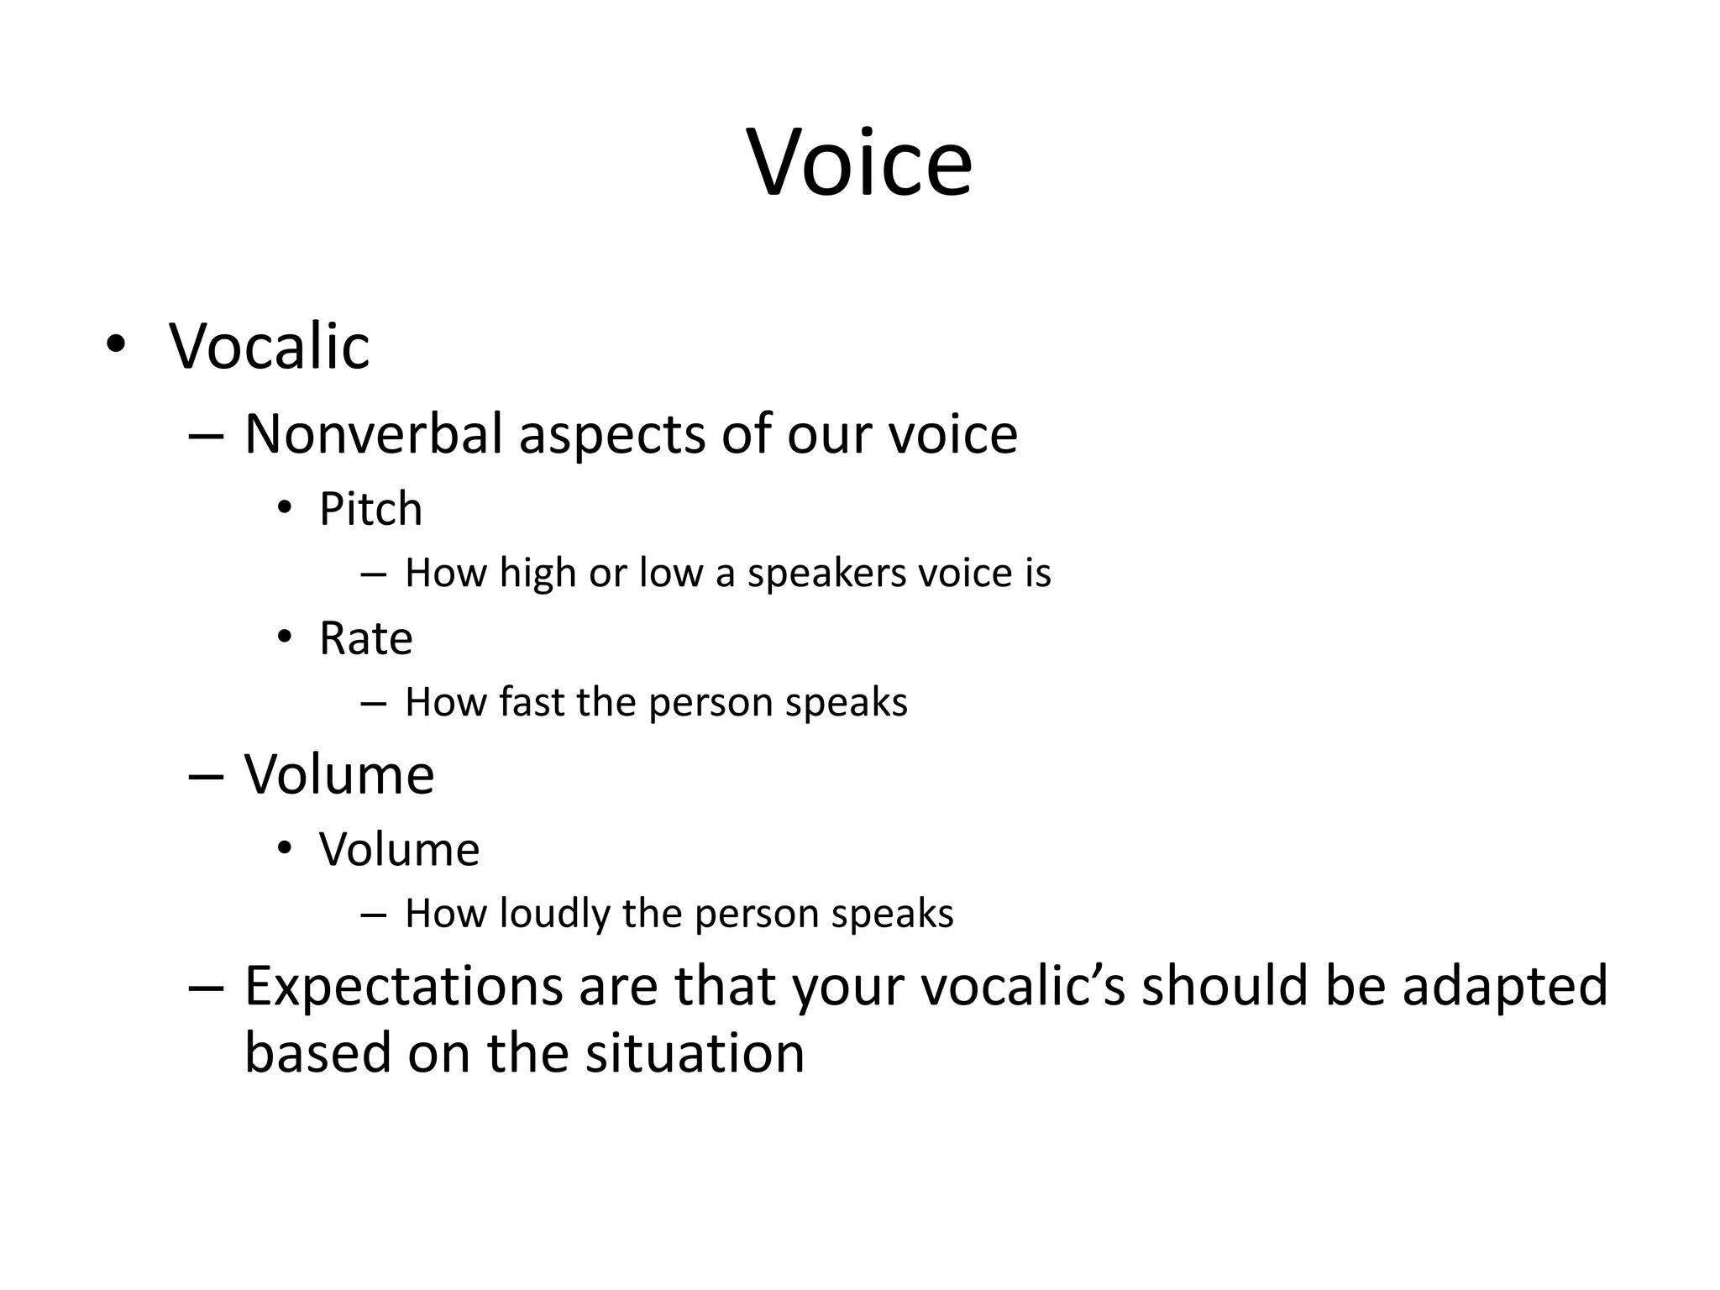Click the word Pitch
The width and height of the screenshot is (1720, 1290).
370,509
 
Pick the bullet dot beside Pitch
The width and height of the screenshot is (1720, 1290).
285,508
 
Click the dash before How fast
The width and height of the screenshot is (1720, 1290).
372,703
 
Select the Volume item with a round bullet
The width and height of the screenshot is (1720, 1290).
399,849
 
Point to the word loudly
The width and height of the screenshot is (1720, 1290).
554,914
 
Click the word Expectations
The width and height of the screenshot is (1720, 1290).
403,987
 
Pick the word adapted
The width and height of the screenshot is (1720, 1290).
1504,987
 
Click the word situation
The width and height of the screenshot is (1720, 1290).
695,1053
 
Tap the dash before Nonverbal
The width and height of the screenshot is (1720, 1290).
206,436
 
